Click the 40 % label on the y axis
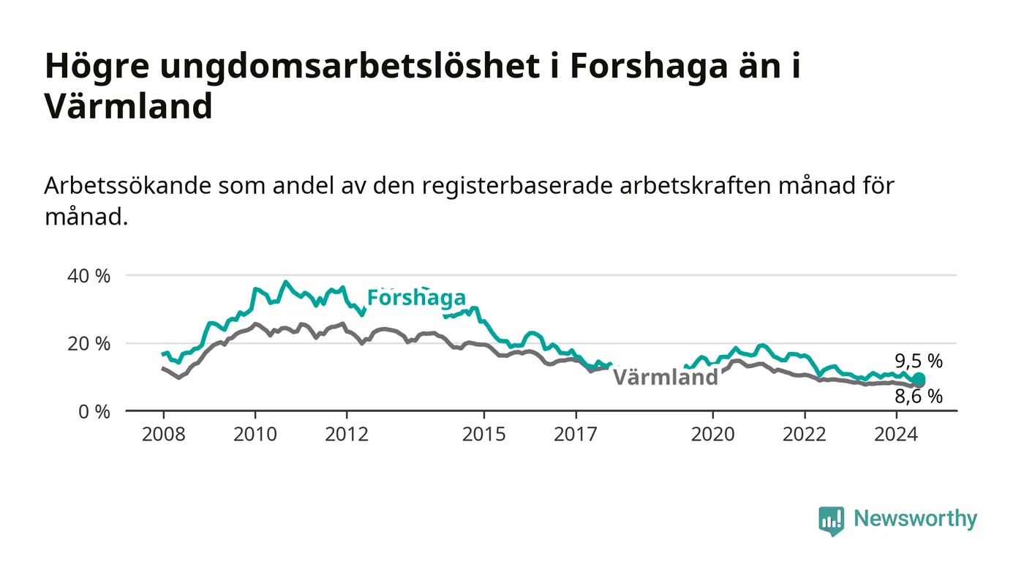click(x=89, y=277)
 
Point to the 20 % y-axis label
click(x=89, y=344)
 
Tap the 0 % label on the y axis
click(x=94, y=412)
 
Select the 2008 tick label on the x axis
click(x=164, y=434)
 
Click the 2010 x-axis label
click(x=255, y=434)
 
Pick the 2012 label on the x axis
click(x=347, y=434)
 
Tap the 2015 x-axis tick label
click(x=484, y=434)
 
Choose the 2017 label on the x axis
click(x=576, y=434)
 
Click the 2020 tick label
click(x=712, y=434)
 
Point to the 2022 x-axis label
click(x=805, y=434)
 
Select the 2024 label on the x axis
click(x=896, y=434)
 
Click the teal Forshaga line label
click(x=416, y=298)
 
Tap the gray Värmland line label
click(x=665, y=378)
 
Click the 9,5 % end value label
click(x=919, y=361)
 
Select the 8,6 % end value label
click(x=919, y=397)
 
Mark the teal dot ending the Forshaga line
click(x=919, y=379)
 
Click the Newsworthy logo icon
click(x=831, y=520)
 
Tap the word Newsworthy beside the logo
click(x=916, y=519)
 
